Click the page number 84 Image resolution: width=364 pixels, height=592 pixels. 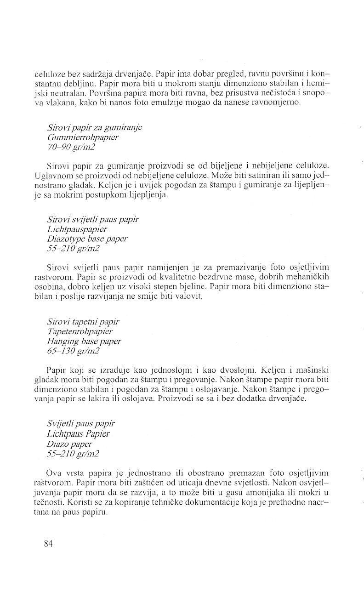[49, 543]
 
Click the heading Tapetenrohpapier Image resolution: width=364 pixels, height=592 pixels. [80, 331]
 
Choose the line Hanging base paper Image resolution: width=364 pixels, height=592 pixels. [84, 341]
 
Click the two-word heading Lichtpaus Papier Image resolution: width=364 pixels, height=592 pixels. [78, 434]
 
